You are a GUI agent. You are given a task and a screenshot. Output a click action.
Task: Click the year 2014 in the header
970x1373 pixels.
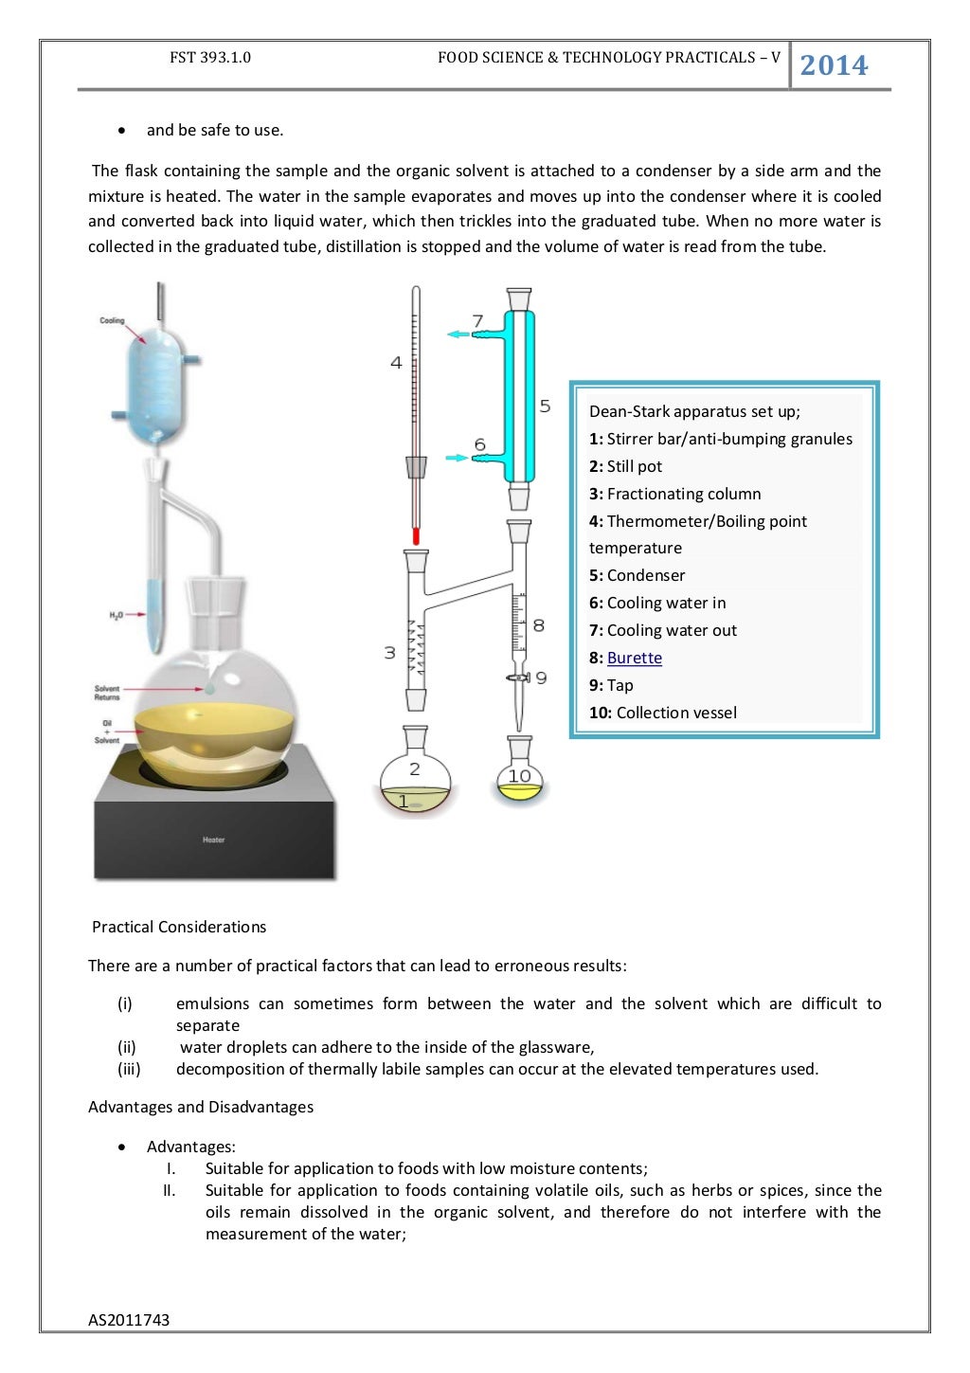click(x=834, y=65)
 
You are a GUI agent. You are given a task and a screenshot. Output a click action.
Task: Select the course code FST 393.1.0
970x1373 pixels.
click(x=210, y=58)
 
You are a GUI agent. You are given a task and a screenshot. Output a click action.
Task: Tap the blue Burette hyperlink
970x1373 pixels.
click(x=634, y=658)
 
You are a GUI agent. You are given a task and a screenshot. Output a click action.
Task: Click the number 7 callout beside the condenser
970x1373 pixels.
click(x=477, y=321)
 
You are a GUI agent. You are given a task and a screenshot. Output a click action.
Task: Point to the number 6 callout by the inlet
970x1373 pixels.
click(x=479, y=444)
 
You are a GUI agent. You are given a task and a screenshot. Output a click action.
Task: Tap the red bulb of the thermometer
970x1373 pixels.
click(x=415, y=536)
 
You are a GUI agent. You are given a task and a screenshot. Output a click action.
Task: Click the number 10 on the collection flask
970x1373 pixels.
click(x=519, y=776)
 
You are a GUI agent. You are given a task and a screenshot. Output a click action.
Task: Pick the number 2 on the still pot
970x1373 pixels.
click(x=414, y=769)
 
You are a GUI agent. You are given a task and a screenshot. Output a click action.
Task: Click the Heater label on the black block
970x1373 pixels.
click(x=213, y=840)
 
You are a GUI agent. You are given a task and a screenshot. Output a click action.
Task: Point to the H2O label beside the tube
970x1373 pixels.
click(x=116, y=616)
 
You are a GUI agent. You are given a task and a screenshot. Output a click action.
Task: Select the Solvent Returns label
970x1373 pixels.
click(x=107, y=693)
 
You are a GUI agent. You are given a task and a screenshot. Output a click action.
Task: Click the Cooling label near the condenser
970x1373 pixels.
click(x=112, y=321)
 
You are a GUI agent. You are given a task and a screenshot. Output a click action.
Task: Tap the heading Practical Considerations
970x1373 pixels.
click(x=179, y=927)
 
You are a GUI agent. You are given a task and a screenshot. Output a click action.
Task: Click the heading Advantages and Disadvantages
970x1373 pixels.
click(x=201, y=1107)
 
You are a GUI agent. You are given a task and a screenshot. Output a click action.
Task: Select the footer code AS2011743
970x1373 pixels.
click(x=129, y=1320)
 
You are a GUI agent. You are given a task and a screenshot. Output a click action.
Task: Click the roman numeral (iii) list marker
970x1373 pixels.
click(x=129, y=1069)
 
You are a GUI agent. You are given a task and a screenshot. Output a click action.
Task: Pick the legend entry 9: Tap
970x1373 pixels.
click(x=611, y=685)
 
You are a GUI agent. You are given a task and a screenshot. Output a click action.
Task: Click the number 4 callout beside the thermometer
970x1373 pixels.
click(x=396, y=362)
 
